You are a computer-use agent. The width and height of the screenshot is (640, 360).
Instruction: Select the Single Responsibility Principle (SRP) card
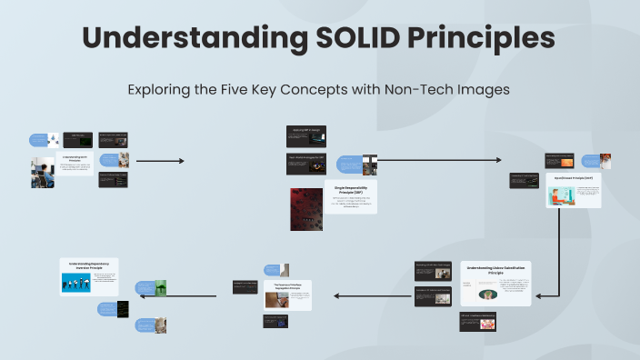[x=350, y=197]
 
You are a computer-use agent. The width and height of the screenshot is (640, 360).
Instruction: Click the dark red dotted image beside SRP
[x=305, y=211]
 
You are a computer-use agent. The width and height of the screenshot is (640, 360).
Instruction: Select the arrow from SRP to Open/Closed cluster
[x=441, y=161]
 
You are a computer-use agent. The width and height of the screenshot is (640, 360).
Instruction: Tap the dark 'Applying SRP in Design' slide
[x=306, y=135]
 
